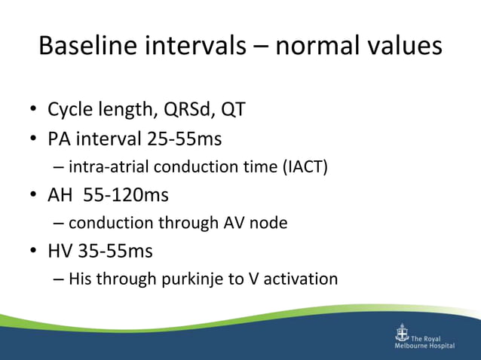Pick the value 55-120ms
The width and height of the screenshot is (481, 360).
[x=126, y=195]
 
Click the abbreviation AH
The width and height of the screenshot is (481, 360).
[x=60, y=195]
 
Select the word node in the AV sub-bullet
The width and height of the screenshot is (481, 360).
[x=270, y=224]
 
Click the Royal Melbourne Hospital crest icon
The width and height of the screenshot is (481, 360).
[x=402, y=334]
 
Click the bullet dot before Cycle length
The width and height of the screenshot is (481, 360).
[x=34, y=111]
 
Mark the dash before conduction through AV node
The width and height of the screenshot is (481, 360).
[x=60, y=224]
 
